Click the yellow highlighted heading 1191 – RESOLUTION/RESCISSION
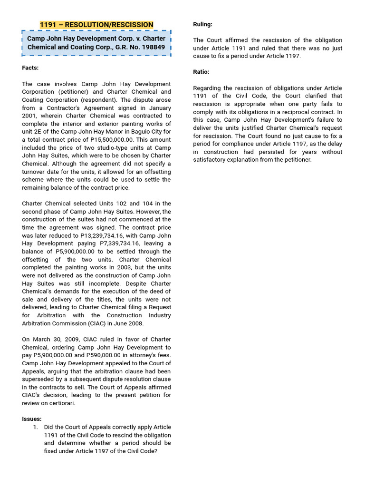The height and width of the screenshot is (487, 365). click(x=96, y=24)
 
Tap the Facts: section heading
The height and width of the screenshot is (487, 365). click(x=30, y=68)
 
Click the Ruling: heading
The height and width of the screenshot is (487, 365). click(x=202, y=24)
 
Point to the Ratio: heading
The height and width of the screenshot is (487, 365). click(x=201, y=72)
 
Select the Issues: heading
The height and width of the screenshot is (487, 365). click(x=32, y=419)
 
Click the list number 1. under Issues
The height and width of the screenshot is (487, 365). click(x=36, y=427)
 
